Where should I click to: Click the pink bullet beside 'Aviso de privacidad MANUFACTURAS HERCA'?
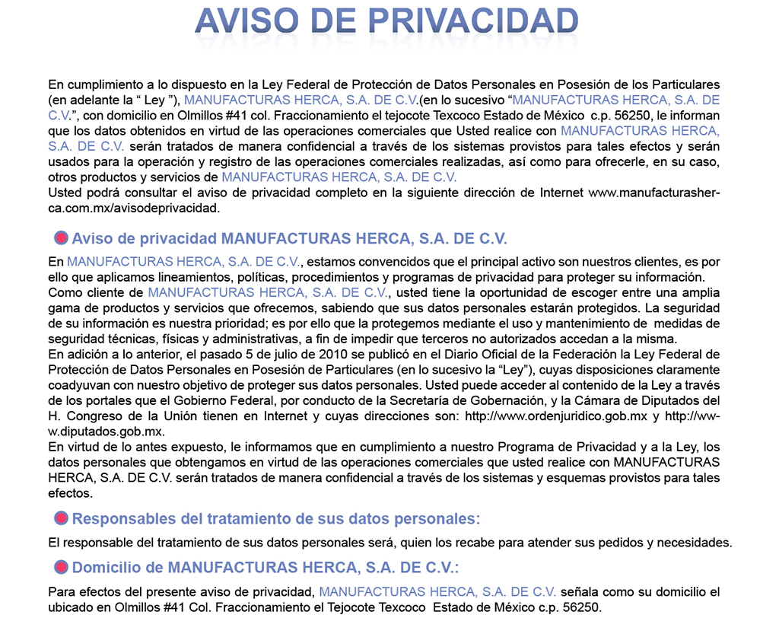click(62, 238)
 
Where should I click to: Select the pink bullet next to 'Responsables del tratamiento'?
click(62, 519)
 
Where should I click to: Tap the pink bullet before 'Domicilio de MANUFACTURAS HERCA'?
click(62, 567)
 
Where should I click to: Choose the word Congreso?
click(97, 416)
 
